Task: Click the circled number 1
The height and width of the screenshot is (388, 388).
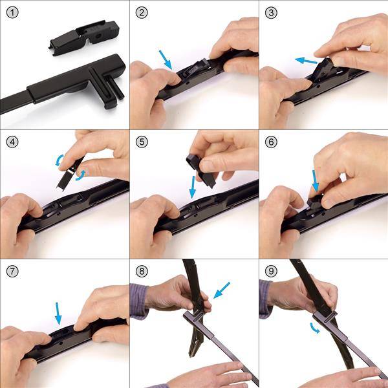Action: click(12, 13)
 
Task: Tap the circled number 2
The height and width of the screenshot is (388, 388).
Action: click(142, 13)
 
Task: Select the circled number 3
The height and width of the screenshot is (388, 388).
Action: click(271, 13)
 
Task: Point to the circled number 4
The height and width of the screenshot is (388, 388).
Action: click(12, 142)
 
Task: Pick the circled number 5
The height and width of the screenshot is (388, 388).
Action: click(142, 142)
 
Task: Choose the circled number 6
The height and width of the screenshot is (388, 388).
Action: click(271, 142)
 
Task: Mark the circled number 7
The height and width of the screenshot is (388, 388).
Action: click(12, 272)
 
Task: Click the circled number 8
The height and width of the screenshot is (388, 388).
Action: click(142, 272)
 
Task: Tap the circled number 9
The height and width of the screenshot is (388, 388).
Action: click(271, 272)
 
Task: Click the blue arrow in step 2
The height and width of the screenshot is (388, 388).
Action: click(166, 59)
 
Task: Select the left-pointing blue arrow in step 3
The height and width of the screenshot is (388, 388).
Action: click(306, 61)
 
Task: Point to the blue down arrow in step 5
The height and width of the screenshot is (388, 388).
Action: click(192, 187)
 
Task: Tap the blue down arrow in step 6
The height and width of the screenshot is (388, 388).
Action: click(315, 181)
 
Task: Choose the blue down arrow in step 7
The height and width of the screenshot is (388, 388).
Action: click(58, 314)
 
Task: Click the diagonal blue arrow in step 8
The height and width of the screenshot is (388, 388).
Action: click(221, 290)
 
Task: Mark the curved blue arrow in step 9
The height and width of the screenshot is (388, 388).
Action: click(314, 329)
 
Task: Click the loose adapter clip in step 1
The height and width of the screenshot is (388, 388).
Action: click(85, 38)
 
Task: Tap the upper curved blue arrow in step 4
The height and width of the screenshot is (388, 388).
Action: click(59, 160)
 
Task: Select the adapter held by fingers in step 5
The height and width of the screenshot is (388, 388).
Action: click(201, 171)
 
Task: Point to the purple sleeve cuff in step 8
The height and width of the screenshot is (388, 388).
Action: click(139, 301)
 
